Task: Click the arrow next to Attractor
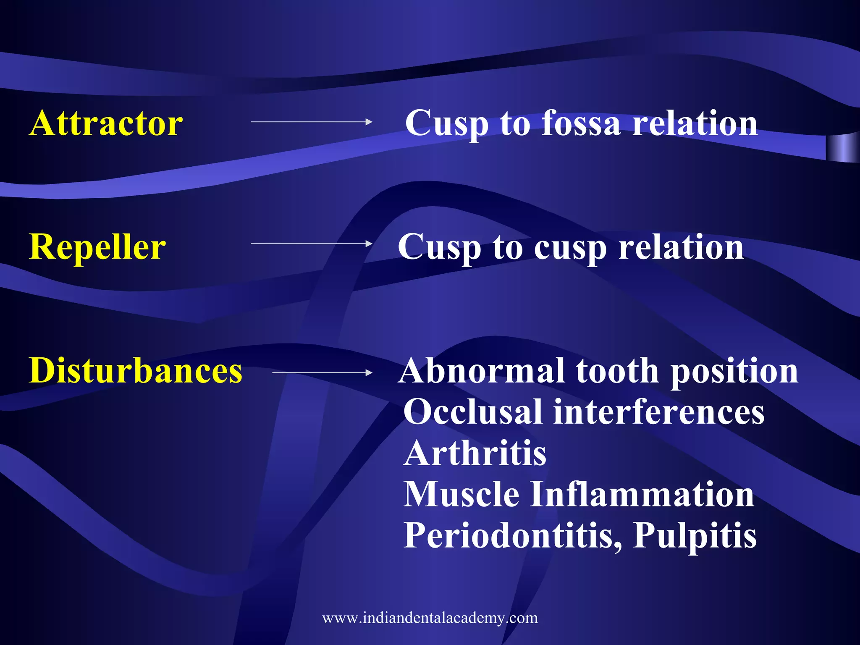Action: (x=311, y=122)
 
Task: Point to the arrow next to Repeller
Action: (x=311, y=243)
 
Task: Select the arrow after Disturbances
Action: (x=322, y=372)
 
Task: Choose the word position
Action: (x=734, y=371)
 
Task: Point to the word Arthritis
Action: (x=475, y=454)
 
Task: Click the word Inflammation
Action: (x=642, y=494)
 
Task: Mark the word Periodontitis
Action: (x=512, y=535)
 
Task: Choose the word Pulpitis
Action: (x=695, y=535)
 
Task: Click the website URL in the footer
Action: (x=430, y=618)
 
